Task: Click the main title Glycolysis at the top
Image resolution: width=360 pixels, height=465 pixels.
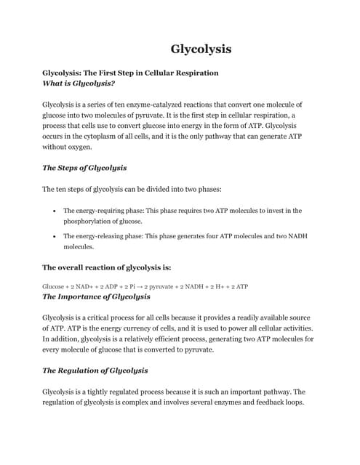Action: (201, 49)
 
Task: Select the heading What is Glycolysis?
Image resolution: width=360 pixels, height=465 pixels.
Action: (79, 84)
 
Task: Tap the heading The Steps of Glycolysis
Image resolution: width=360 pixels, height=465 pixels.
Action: (84, 168)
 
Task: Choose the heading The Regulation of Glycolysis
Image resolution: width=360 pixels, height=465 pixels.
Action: (95, 370)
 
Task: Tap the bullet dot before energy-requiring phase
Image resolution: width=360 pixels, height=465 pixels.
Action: (55, 211)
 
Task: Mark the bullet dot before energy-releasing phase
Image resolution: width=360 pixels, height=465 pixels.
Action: (55, 236)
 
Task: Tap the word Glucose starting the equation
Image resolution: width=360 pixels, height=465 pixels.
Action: (55, 286)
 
